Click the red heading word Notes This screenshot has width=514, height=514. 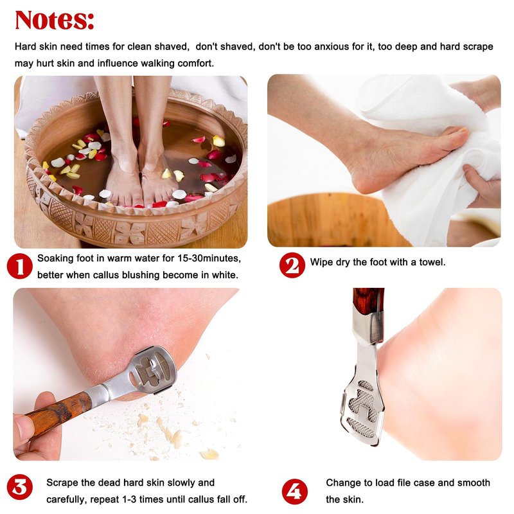click(55, 20)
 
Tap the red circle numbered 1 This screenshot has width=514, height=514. click(20, 266)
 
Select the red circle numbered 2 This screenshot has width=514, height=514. click(292, 265)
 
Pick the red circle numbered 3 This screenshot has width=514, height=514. click(20, 488)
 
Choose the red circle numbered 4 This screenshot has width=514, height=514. click(295, 492)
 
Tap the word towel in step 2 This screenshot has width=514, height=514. click(432, 262)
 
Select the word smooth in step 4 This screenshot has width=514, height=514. click(474, 483)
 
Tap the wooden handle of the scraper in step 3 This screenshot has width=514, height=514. click(58, 412)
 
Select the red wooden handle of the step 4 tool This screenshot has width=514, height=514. click(368, 301)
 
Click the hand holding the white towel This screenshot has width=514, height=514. click(482, 184)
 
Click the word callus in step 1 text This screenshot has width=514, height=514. click(105, 275)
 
